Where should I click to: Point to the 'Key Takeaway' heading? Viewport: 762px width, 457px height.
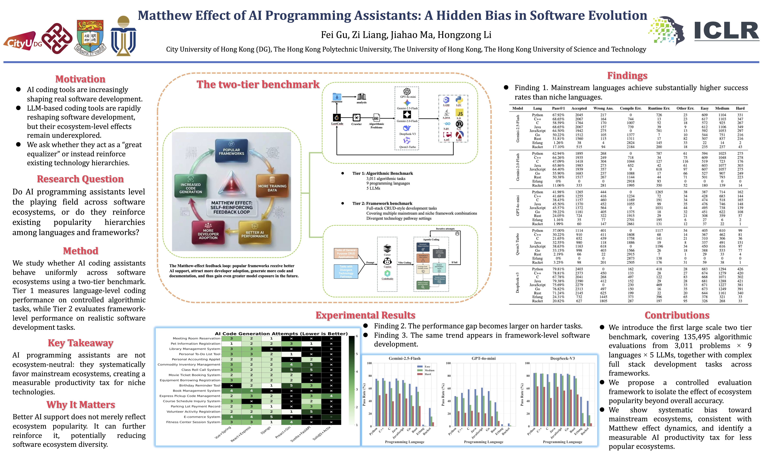80,343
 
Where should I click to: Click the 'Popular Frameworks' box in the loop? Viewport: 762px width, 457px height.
231,151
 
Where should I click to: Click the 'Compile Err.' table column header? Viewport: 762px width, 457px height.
631,108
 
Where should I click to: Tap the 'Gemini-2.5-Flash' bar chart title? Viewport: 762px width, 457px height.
404,358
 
